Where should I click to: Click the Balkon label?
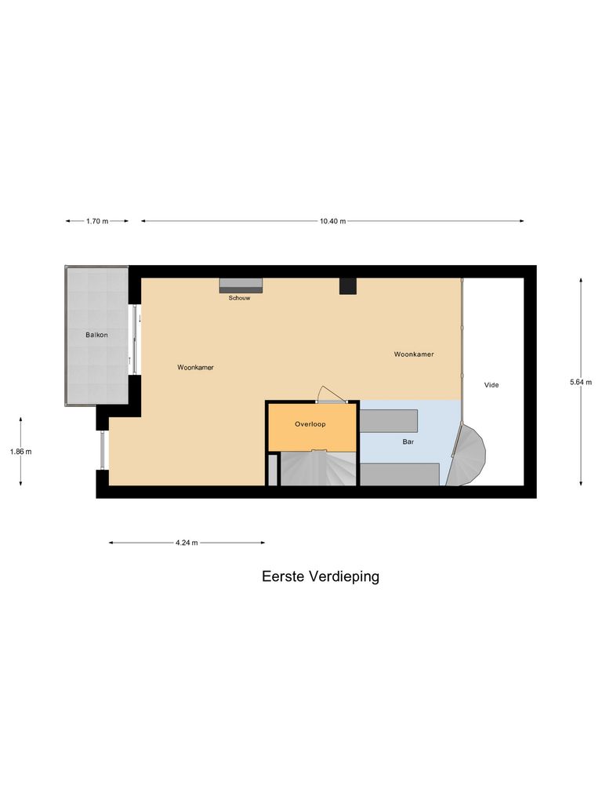point(96,335)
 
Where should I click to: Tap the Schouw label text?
point(239,298)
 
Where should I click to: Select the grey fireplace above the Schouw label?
point(241,285)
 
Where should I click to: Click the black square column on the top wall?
point(349,286)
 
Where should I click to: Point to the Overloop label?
point(310,424)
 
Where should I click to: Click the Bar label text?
point(408,442)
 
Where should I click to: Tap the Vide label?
point(491,385)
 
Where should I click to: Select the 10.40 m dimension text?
point(332,221)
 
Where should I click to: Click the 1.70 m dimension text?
point(97,221)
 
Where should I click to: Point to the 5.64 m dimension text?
point(581,382)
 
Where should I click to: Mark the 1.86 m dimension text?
point(20,452)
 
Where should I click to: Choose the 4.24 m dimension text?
point(187,542)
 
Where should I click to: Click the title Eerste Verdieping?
point(320,576)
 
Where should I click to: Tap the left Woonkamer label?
point(195,367)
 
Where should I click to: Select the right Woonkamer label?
point(413,354)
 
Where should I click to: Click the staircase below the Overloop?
point(317,469)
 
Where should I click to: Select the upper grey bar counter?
point(389,421)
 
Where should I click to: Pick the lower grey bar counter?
point(399,474)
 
